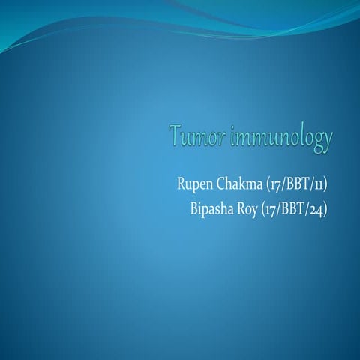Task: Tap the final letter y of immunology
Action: click(328, 142)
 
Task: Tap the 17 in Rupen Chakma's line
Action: click(269, 184)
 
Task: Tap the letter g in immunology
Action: click(318, 142)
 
